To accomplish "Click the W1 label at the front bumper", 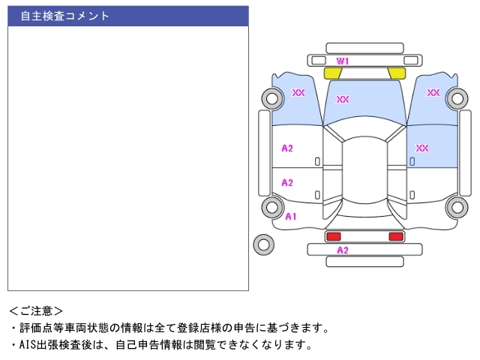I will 343,60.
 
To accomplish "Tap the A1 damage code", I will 291,216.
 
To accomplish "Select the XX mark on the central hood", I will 343,99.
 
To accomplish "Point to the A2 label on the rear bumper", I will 343,250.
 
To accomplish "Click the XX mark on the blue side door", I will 422,148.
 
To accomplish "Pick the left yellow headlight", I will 332,73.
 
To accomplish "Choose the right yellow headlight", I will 397,73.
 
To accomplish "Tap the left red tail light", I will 332,236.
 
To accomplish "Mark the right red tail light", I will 395,236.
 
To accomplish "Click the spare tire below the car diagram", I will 263,244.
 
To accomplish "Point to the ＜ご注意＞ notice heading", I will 36,310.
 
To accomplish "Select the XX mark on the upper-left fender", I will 298,92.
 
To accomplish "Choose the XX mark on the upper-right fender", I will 433,92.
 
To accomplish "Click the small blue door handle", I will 412,161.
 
